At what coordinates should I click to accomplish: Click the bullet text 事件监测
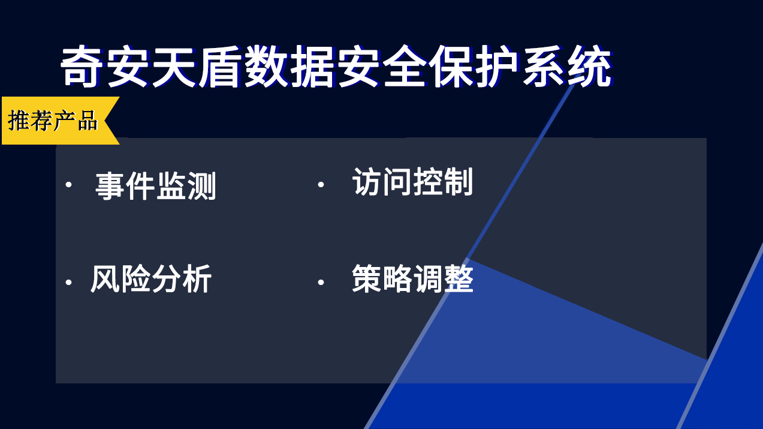pos(156,186)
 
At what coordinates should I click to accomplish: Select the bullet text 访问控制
pos(412,182)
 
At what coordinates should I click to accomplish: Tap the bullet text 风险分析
pos(151,279)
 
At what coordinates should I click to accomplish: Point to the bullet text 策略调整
pos(412,278)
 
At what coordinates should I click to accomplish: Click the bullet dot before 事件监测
pos(69,185)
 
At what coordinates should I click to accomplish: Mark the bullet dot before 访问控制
pos(321,185)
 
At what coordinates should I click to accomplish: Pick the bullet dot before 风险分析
pos(69,283)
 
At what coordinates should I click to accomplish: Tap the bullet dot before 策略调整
pos(321,283)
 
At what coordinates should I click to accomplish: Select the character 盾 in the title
pos(220,67)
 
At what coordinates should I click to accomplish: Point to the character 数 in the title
pos(266,67)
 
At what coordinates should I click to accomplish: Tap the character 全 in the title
pos(405,67)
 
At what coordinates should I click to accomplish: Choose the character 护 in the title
pos(497,67)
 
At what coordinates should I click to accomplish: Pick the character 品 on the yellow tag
pos(88,121)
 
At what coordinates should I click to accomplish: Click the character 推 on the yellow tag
pos(19,121)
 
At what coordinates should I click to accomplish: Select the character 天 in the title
pos(174,67)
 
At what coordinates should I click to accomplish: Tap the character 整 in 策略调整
pos(459,278)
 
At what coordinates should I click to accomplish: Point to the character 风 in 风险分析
pos(105,279)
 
